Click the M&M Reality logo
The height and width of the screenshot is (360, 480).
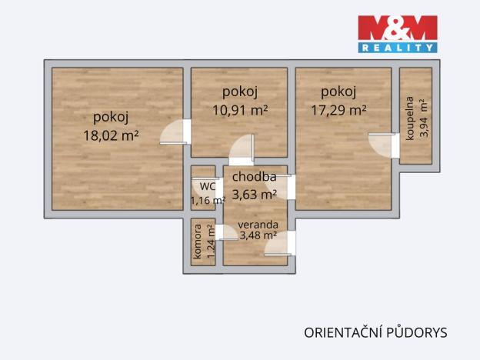(x=397, y=34)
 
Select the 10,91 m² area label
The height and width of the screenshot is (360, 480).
(x=239, y=110)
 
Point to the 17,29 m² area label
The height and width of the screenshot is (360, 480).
(x=338, y=110)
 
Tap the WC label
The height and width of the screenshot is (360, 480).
(x=207, y=186)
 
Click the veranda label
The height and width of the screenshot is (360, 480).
(x=257, y=224)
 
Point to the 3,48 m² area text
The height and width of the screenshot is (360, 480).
(x=257, y=235)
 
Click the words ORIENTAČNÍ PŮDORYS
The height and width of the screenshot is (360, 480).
(x=375, y=332)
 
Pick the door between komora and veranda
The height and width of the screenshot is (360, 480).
(x=226, y=232)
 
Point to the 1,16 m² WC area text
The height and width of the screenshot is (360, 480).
(x=207, y=200)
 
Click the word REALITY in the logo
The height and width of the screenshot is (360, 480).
(x=397, y=47)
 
